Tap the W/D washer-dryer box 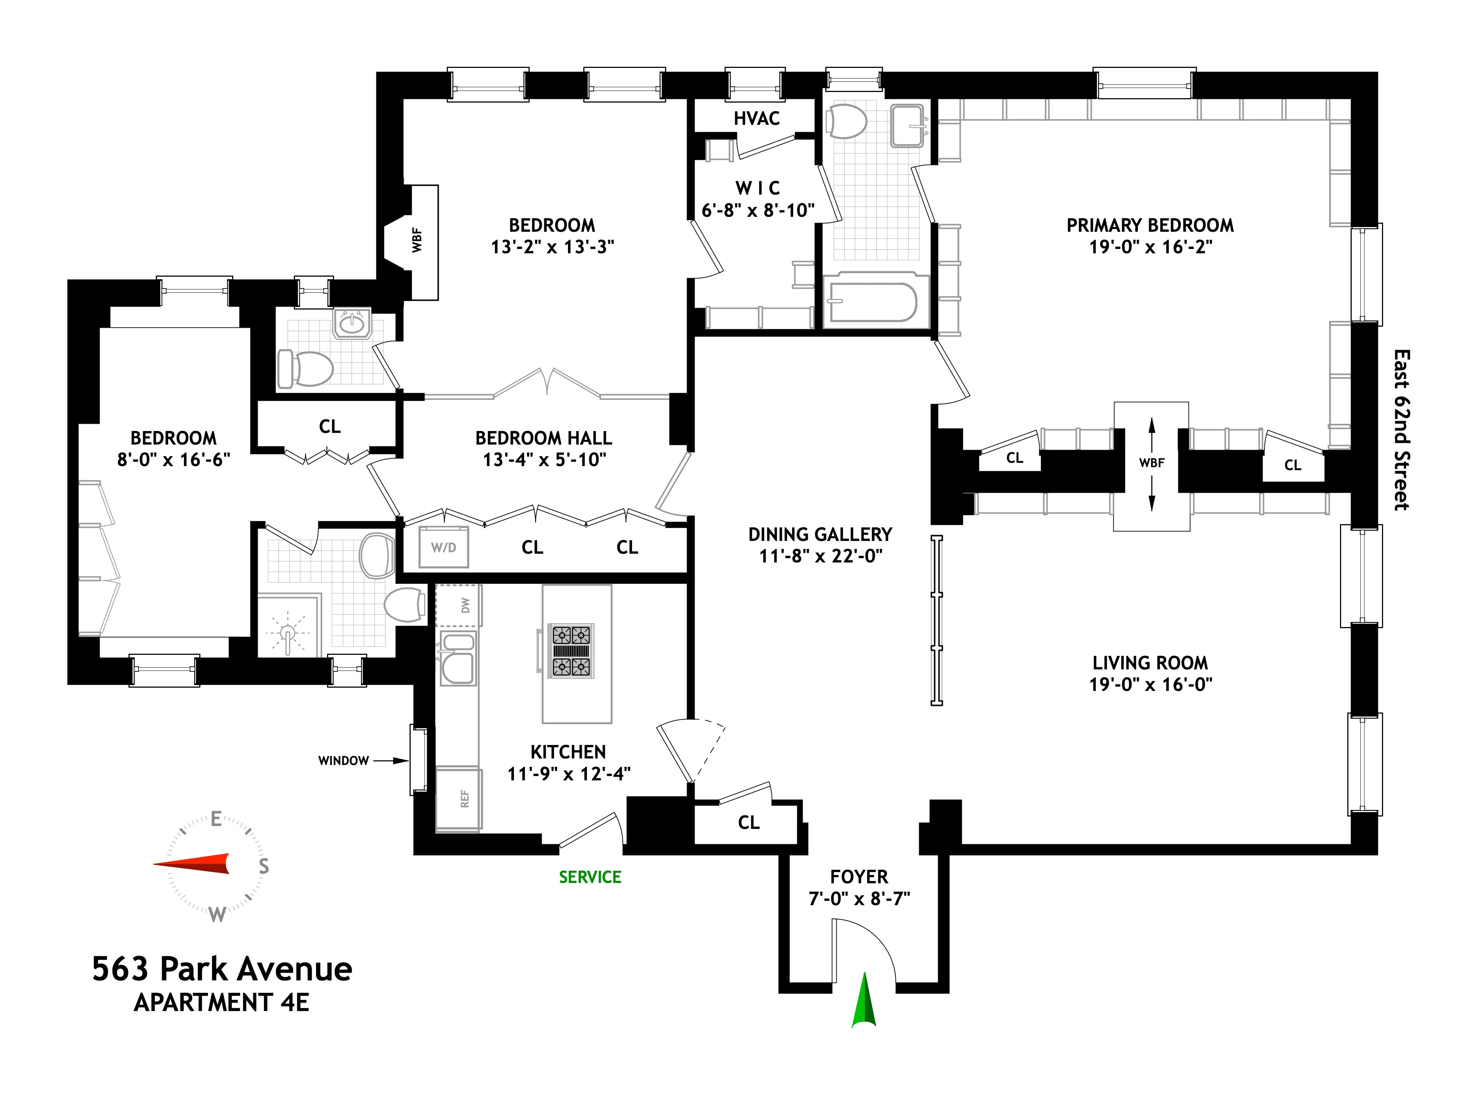[x=444, y=547]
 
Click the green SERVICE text [x=590, y=877]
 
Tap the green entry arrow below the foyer [x=864, y=1001]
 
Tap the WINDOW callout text [x=343, y=761]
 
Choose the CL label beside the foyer [x=748, y=823]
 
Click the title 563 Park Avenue [x=222, y=969]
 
